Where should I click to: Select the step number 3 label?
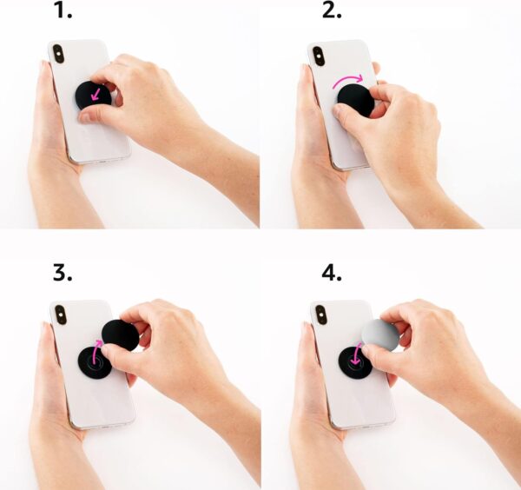[x=63, y=273]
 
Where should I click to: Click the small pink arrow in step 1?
[x=93, y=90]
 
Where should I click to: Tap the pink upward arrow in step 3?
[x=97, y=351]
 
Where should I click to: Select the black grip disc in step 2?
[x=355, y=101]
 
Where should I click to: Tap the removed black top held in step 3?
[x=120, y=334]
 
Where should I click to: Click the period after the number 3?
[x=74, y=281]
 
